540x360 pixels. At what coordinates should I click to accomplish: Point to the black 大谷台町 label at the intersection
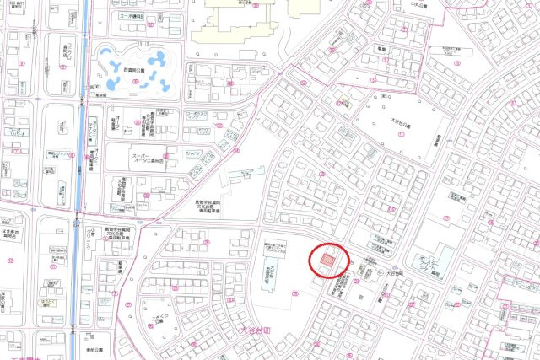pos(393,273)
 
